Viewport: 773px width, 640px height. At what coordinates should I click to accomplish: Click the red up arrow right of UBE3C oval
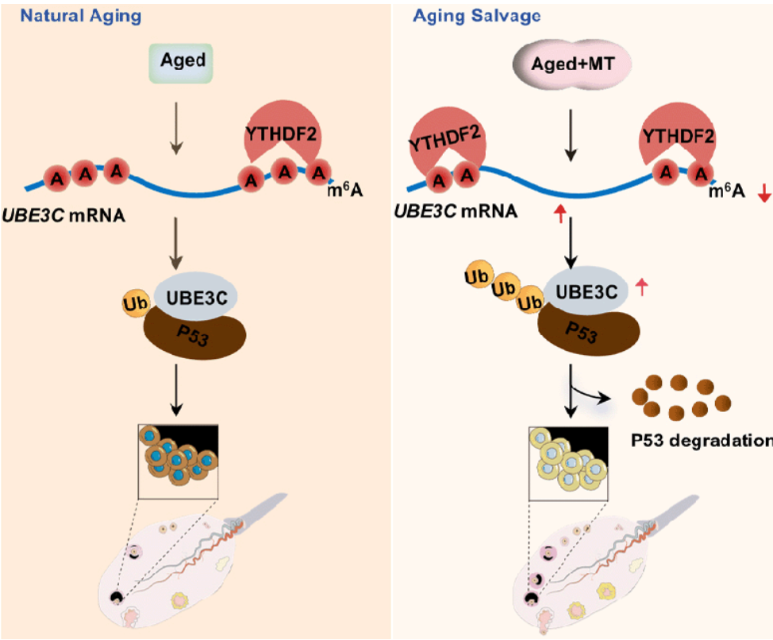pos(642,287)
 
